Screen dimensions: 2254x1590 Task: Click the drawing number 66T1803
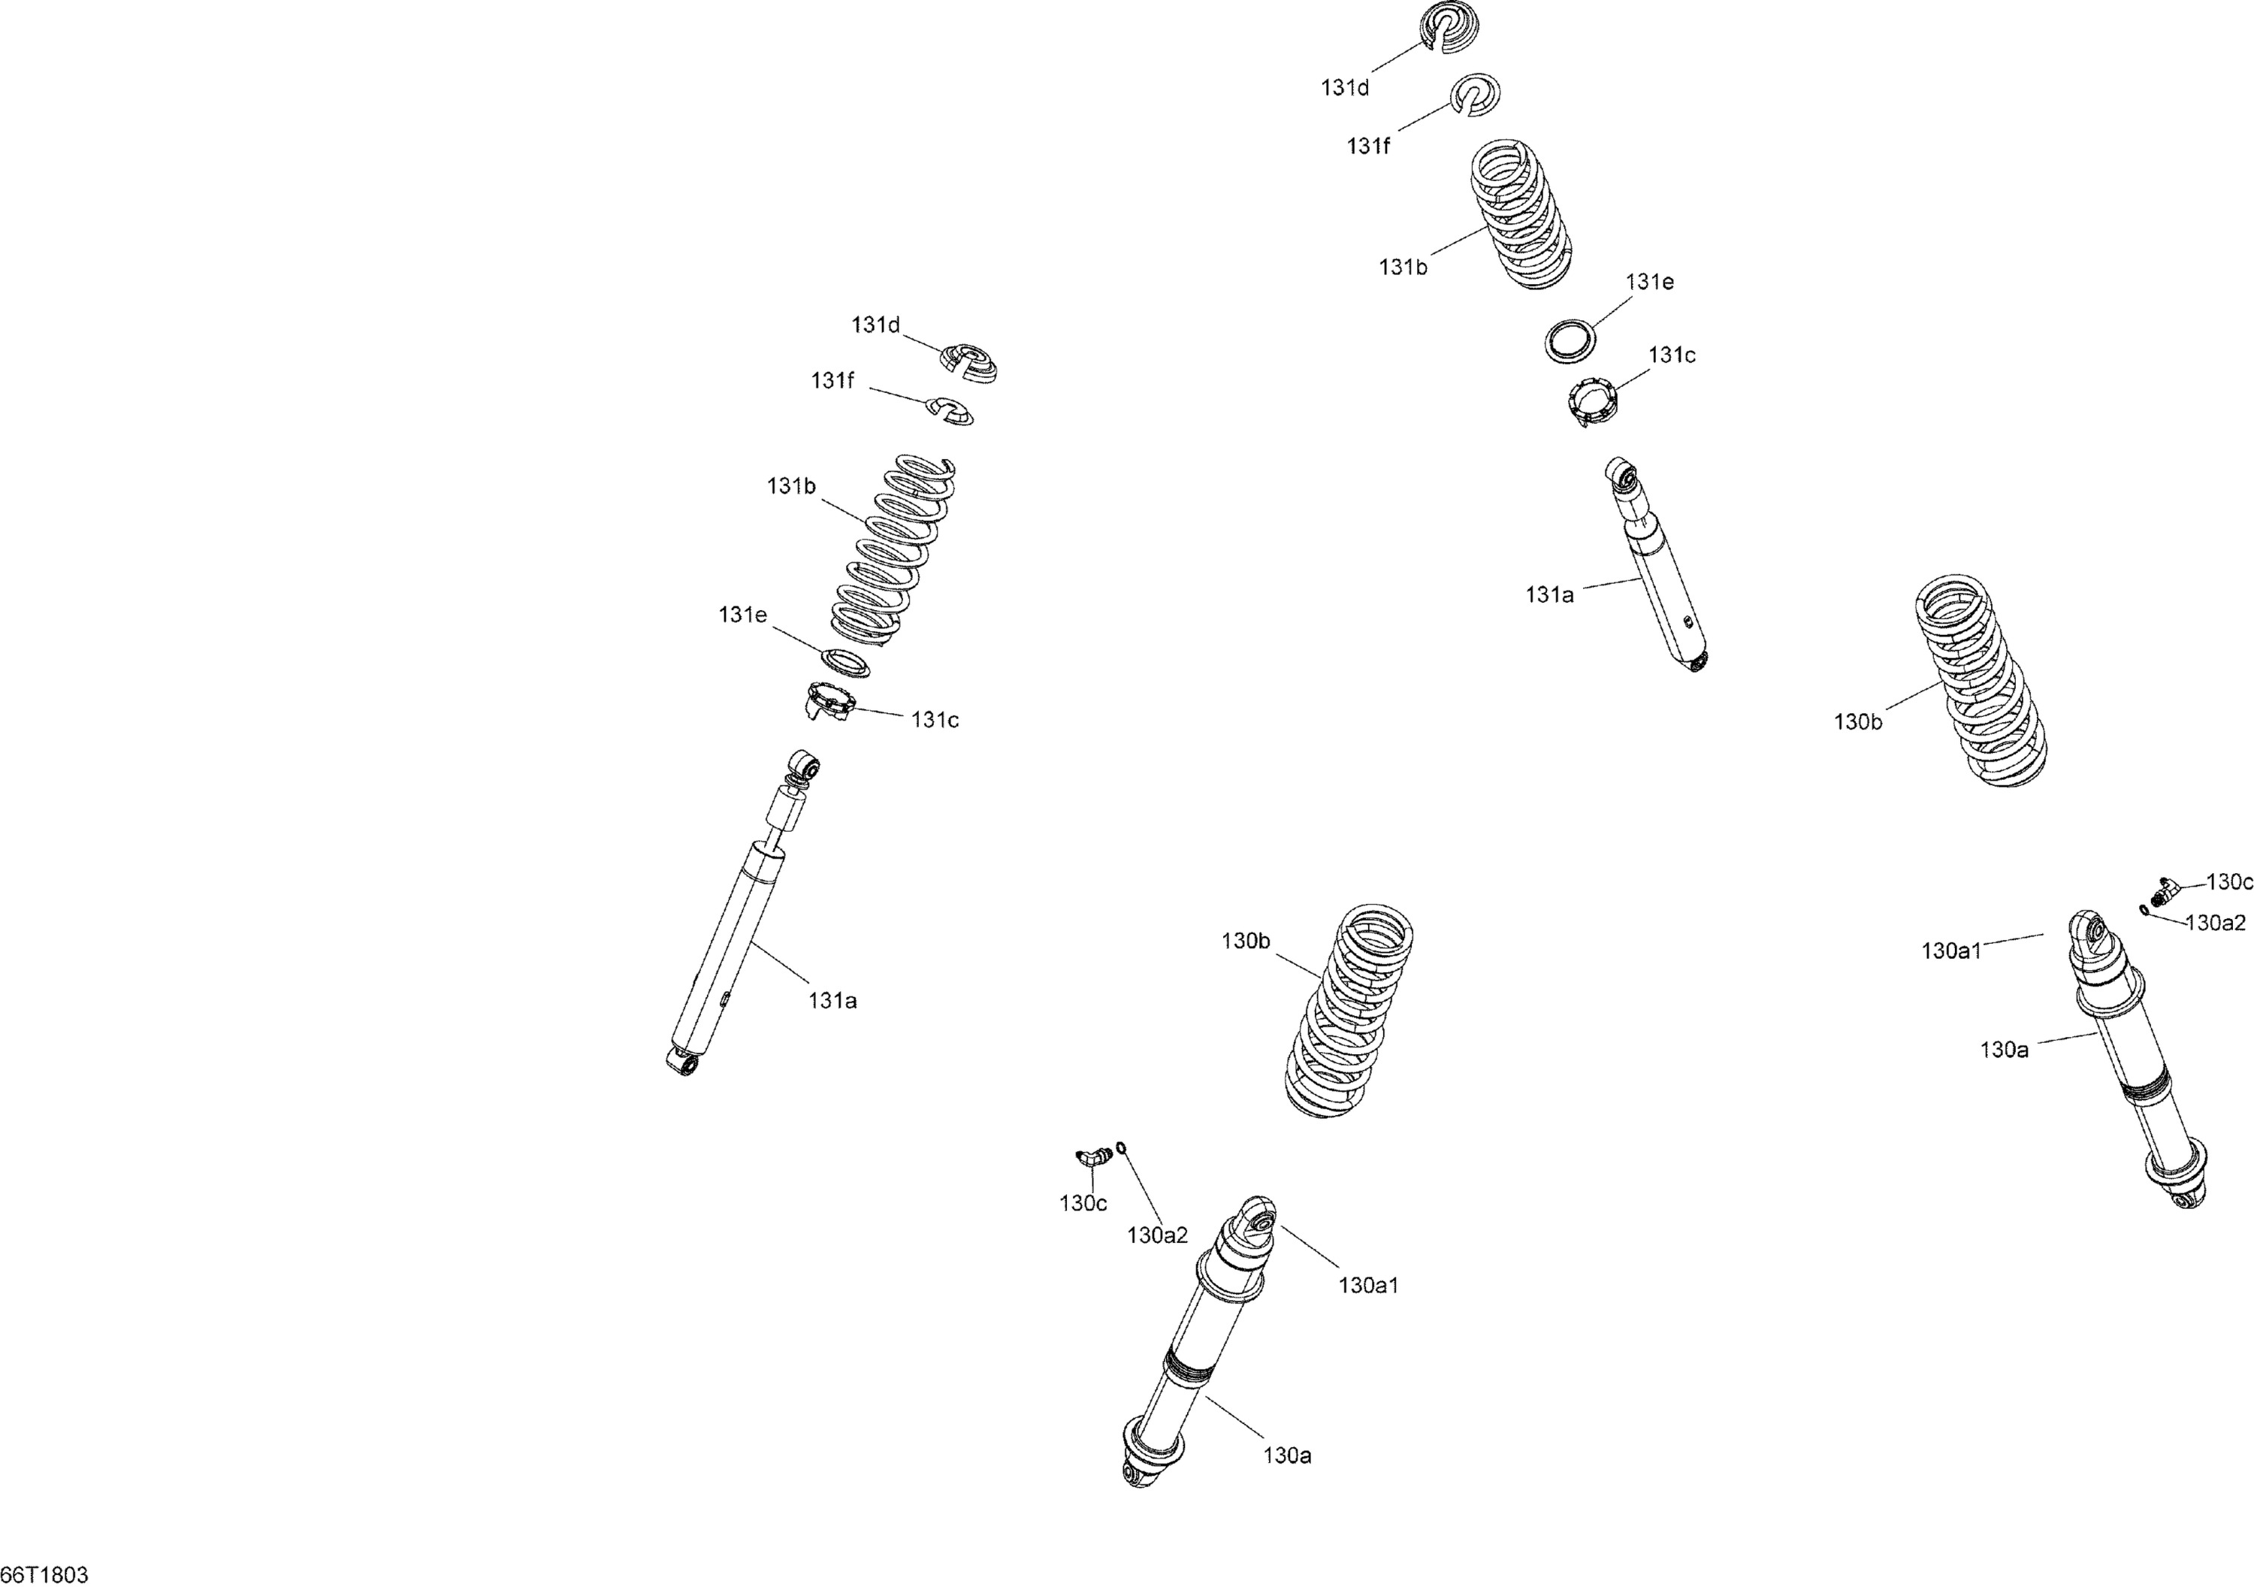(x=44, y=1574)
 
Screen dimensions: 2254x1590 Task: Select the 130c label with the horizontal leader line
(x=2228, y=882)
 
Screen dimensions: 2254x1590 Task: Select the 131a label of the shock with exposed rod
(x=832, y=1001)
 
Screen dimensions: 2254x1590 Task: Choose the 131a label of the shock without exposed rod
(x=1549, y=594)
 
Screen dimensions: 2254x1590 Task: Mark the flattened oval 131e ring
(x=845, y=661)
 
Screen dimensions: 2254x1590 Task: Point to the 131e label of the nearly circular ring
(x=1649, y=282)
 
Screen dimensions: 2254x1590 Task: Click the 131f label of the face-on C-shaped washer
(x=1367, y=147)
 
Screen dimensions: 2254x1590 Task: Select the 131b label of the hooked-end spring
(x=791, y=486)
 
